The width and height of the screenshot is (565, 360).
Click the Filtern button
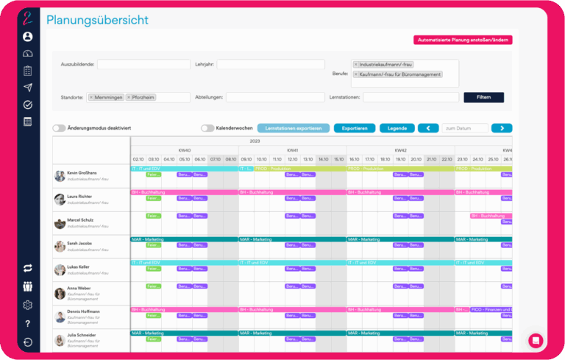tap(483, 97)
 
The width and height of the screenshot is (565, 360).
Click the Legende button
tap(397, 128)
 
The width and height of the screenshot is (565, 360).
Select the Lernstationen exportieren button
tap(294, 128)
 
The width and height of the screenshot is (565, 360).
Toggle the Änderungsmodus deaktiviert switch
tap(59, 128)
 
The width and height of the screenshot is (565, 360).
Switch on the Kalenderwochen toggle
tap(207, 128)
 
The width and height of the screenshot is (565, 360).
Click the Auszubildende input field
tap(144, 64)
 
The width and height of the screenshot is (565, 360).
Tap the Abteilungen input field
tap(275, 97)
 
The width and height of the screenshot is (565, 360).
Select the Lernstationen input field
tap(411, 97)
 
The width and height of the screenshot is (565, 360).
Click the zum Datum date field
tap(464, 128)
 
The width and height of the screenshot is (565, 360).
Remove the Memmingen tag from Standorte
tap(91, 97)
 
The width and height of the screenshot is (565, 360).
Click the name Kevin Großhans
tap(83, 172)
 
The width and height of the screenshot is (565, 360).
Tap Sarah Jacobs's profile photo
tap(60, 247)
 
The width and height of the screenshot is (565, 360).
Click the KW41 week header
tap(292, 149)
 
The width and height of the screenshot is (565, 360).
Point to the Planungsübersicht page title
tap(97, 20)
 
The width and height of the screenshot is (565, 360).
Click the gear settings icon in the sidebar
tap(28, 306)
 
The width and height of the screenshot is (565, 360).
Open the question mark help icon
tap(28, 324)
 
